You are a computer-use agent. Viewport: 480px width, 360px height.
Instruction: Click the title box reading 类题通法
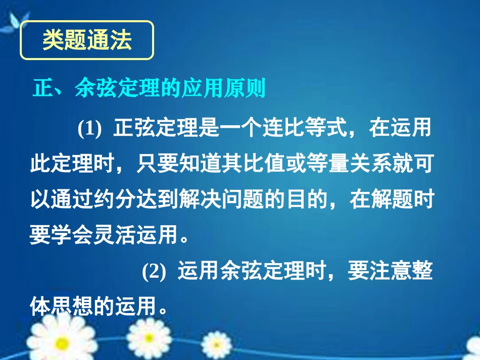86,40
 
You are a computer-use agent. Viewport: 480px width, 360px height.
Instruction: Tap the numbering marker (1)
89,129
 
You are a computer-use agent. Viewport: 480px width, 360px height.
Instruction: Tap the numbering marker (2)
154,273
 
